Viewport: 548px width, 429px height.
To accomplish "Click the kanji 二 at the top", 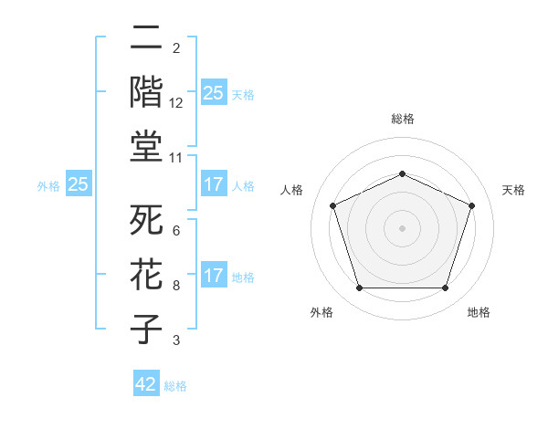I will click(147, 38).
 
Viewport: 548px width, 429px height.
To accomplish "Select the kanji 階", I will click(147, 92).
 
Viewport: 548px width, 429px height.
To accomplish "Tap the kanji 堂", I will click(147, 146).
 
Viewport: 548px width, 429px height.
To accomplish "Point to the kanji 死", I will click(147, 222).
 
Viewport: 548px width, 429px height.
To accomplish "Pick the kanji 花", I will click(147, 276).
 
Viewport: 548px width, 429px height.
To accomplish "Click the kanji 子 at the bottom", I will click(147, 329).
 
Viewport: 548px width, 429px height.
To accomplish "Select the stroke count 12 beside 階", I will click(176, 102).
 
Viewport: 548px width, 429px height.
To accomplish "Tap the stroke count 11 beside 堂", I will click(176, 157).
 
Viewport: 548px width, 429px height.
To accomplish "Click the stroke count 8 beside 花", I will click(175, 286).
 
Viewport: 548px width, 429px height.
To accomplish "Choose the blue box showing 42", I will click(146, 384).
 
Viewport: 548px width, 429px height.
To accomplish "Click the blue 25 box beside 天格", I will click(213, 93).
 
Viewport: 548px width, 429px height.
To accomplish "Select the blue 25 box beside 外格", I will click(79, 184).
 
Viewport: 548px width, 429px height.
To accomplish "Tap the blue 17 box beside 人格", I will click(213, 184).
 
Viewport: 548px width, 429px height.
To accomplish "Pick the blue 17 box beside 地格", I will click(213, 276).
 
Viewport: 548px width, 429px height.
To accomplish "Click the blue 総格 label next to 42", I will click(176, 386).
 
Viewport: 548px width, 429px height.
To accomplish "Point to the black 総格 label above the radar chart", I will click(402, 119).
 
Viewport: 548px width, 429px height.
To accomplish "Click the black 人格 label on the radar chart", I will click(291, 190).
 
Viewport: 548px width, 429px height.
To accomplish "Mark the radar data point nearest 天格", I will click(472, 205).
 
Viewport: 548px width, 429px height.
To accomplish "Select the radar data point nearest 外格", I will click(359, 288).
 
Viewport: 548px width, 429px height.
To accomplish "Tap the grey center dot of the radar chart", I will click(402, 228).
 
